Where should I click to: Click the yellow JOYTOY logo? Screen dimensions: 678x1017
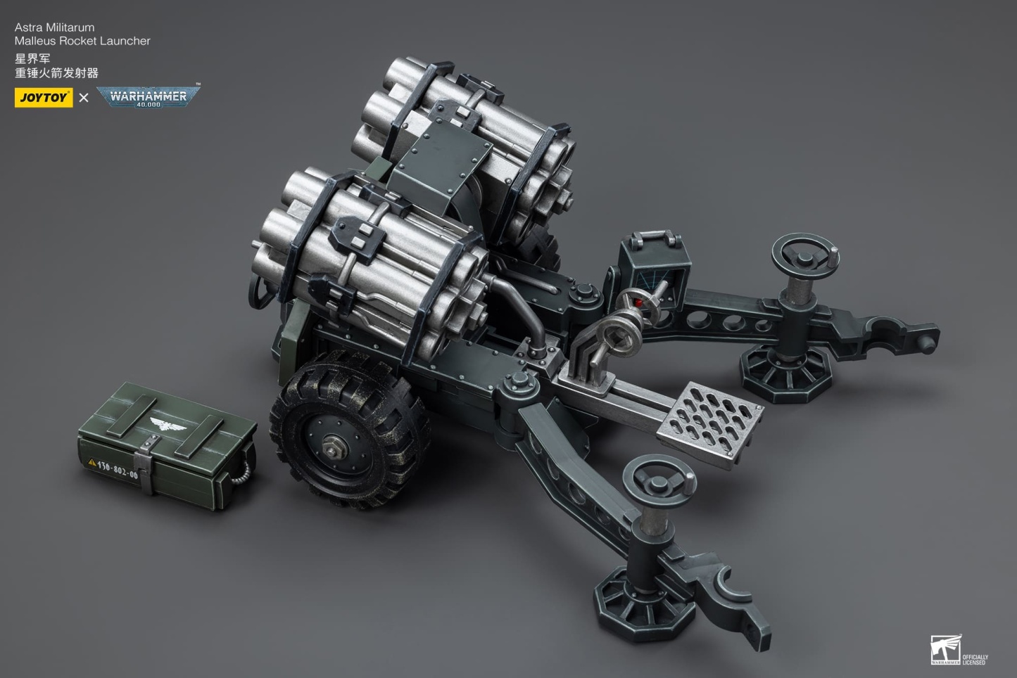click(43, 98)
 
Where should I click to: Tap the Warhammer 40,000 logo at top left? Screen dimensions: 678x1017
click(148, 97)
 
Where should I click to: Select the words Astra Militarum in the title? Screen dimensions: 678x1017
click(54, 27)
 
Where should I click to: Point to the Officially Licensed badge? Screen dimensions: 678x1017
click(958, 650)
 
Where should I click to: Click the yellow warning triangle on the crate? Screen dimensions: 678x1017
click(91, 463)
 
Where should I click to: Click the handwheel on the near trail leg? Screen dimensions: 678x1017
click(659, 481)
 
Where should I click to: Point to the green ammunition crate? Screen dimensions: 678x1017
click(165, 437)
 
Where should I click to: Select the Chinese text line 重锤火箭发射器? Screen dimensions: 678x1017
click(56, 72)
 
